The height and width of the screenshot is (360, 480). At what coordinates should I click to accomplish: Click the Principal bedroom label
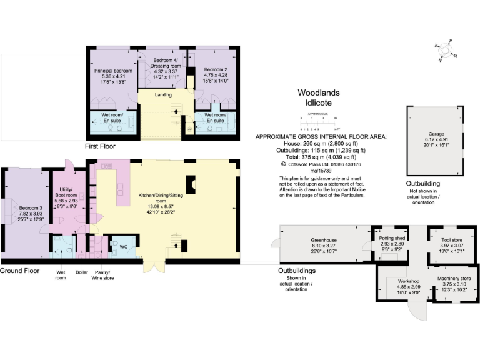113,71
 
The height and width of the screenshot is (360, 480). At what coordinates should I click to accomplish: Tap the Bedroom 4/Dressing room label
166,62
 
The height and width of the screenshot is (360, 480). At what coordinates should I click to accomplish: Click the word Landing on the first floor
164,95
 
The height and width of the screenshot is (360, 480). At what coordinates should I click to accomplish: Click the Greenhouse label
324,240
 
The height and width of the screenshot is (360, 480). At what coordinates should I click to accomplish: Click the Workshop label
400,281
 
